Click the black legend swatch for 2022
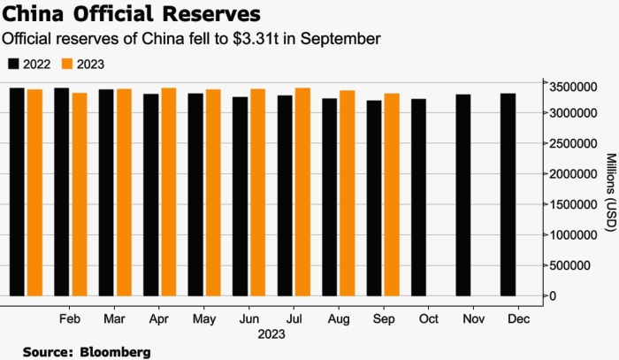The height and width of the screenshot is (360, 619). pyautogui.click(x=13, y=64)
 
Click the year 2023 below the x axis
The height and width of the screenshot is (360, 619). pyautogui.click(x=271, y=334)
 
